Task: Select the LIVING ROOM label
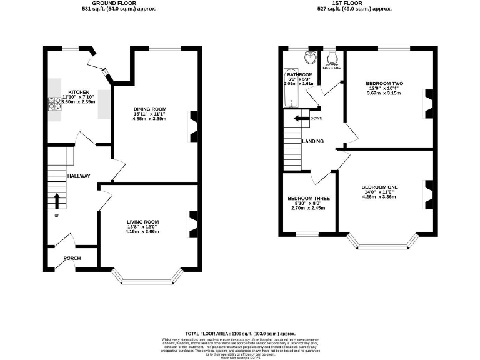142,221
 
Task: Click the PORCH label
72,258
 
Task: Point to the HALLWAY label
79,176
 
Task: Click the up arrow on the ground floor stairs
57,201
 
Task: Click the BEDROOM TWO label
384,82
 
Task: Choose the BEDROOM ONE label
379,187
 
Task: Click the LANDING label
312,141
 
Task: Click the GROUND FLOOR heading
119,3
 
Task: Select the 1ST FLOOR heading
354,3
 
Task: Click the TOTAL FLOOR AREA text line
239,334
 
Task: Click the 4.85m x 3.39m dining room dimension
151,119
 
